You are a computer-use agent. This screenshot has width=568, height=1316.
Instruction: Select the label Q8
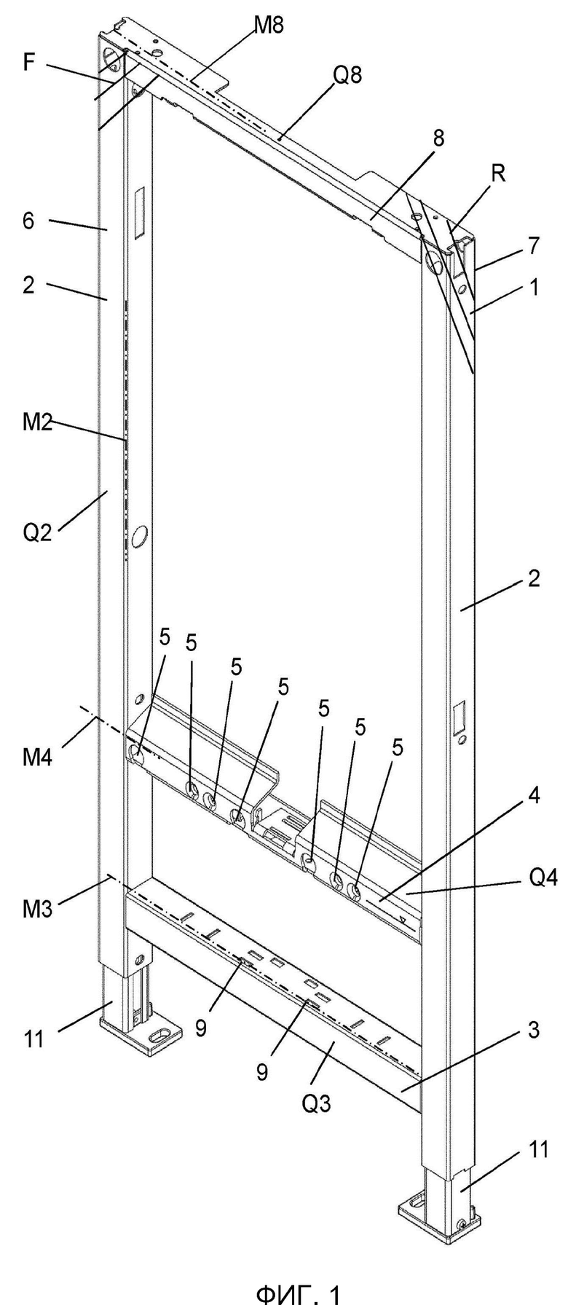[345, 76]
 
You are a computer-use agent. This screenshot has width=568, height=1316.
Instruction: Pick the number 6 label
[28, 221]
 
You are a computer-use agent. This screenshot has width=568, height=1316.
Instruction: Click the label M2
[36, 424]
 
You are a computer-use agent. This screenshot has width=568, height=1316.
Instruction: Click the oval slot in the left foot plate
[158, 1036]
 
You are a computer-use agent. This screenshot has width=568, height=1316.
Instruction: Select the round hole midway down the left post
[136, 537]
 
